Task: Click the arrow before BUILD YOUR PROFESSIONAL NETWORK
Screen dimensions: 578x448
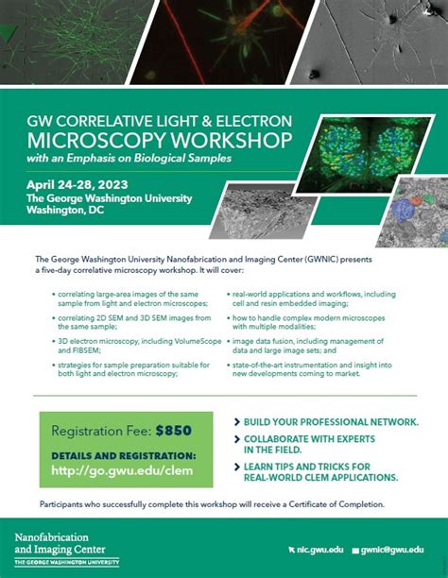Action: point(235,420)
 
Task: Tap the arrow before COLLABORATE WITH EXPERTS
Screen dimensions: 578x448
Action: point(235,439)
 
